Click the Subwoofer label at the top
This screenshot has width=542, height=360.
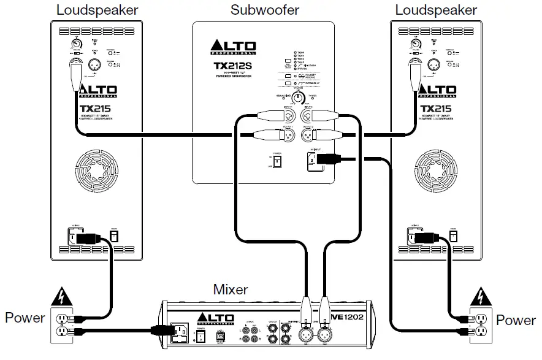[x=265, y=10]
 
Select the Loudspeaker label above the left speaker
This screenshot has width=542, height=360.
[x=97, y=10]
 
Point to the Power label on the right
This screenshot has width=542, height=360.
[x=516, y=320]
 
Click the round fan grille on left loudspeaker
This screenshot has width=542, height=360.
[x=97, y=171]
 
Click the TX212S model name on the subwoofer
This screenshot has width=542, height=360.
[x=231, y=64]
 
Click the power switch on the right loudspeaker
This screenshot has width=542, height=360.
[x=453, y=236]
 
